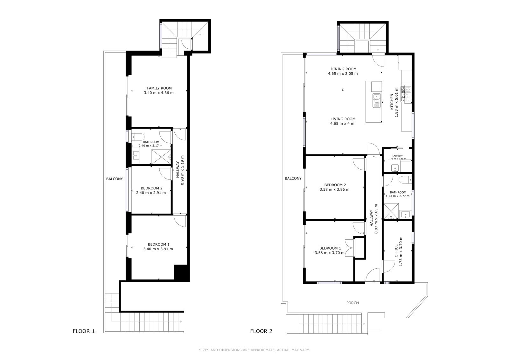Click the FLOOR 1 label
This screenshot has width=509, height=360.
click(x=83, y=331)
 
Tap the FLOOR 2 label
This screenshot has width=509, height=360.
click(x=261, y=331)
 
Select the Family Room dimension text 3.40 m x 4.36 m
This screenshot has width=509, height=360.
click(x=159, y=93)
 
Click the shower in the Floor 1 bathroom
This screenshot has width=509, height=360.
click(x=161, y=157)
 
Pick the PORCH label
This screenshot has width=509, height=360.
click(x=352, y=303)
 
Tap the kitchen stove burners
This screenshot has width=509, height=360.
click(x=406, y=95)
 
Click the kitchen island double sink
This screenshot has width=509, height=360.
click(x=377, y=100)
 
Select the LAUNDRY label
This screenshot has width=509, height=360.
click(x=397, y=156)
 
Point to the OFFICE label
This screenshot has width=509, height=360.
click(x=396, y=251)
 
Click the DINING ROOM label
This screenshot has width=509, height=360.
click(x=343, y=69)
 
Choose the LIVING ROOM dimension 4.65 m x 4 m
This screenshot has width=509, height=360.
click(x=342, y=124)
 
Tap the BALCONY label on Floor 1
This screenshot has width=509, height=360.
click(x=115, y=179)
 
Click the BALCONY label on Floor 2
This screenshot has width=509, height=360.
click(x=293, y=178)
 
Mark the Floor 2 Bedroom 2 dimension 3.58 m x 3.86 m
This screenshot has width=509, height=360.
click(x=334, y=189)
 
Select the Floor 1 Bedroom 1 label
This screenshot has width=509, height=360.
click(x=159, y=244)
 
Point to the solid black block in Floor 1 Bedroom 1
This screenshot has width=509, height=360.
click(x=182, y=273)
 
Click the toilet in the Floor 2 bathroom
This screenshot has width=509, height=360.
click(x=405, y=180)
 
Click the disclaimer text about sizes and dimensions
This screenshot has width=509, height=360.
click(x=254, y=350)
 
